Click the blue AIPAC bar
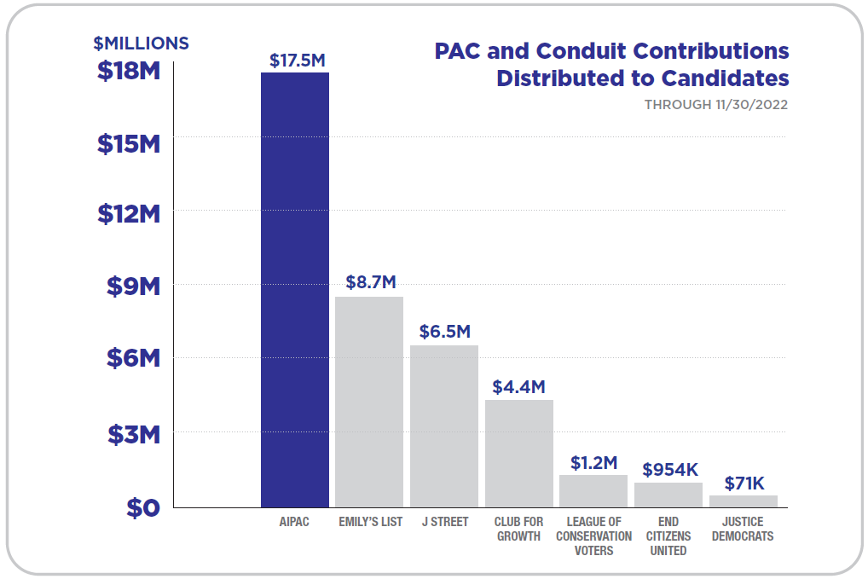(295, 290)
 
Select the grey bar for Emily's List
(369, 402)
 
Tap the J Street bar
(444, 426)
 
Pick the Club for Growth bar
(519, 453)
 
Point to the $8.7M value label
(371, 282)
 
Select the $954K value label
(670, 469)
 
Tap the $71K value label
(744, 483)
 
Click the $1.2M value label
(593, 462)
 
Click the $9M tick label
(134, 287)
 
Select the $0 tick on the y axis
(143, 508)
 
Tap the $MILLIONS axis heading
(141, 43)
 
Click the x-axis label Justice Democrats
(744, 529)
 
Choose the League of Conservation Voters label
(593, 536)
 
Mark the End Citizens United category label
(668, 536)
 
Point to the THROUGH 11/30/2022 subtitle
(715, 105)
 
